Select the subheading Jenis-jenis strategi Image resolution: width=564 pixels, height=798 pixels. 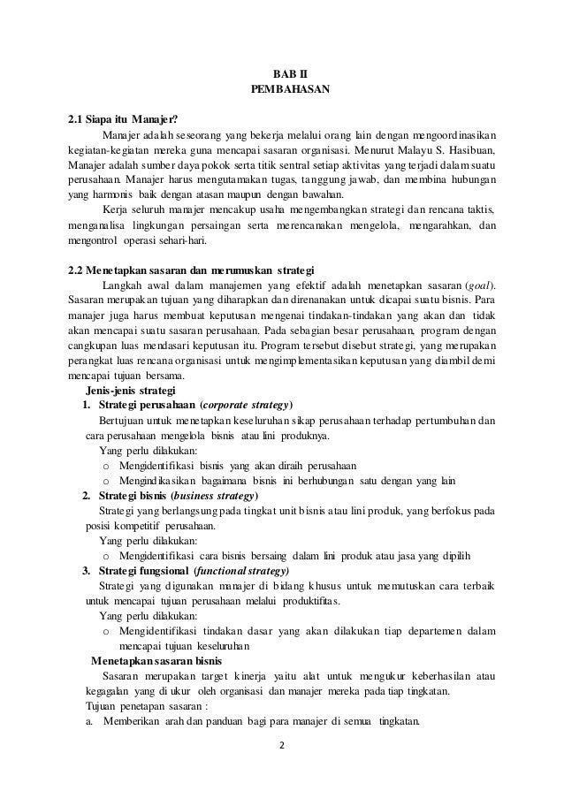[131, 391]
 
